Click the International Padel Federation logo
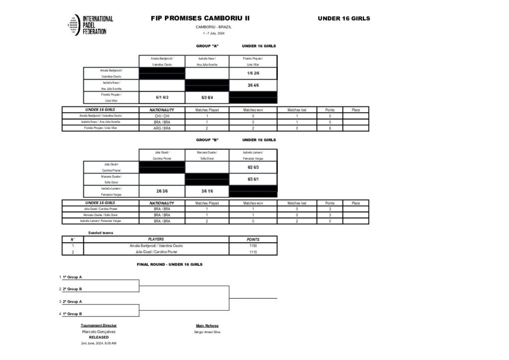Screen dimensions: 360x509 (90, 25)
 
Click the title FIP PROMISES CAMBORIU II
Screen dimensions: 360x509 (200, 18)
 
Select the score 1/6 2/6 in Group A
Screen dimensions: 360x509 (253, 73)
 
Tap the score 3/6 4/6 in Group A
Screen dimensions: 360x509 (253, 86)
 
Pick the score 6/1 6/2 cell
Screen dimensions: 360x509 (162, 97)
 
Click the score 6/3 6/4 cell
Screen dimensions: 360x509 (207, 97)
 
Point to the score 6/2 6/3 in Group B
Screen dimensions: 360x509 (253, 167)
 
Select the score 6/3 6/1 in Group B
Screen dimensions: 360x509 (253, 179)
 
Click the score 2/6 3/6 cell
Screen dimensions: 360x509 (162, 191)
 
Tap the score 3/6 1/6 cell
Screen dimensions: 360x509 (207, 191)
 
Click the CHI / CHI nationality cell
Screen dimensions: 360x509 (162, 116)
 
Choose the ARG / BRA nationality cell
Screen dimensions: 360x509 (162, 128)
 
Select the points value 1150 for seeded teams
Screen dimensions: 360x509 (253, 246)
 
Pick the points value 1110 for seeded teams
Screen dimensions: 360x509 (253, 252)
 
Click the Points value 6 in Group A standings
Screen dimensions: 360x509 (330, 128)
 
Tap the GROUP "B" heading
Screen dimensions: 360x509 (207, 140)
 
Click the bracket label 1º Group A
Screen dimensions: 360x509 (73, 276)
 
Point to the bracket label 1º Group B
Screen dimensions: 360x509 (73, 314)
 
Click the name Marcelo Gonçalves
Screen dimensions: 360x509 (99, 332)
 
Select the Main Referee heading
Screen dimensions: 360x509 (207, 326)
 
